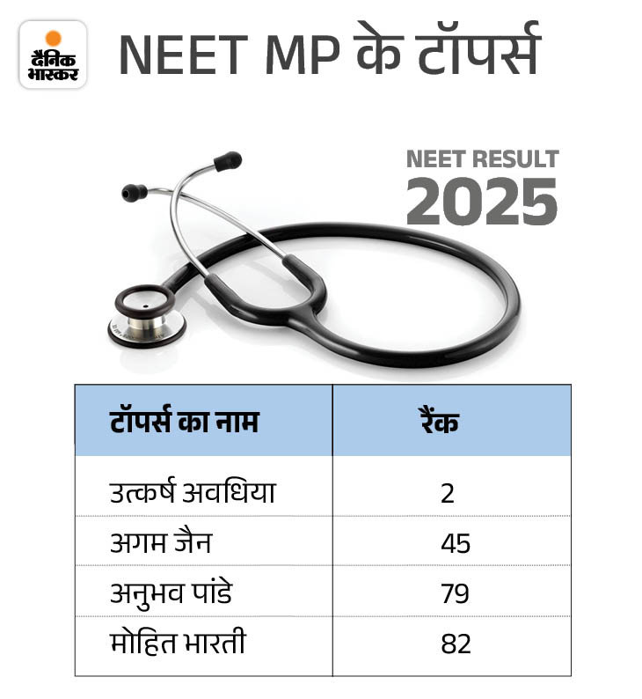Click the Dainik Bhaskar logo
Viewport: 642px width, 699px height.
53,55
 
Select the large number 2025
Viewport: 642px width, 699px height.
482,202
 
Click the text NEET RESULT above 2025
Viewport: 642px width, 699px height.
482,159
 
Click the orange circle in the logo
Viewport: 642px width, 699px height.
53,38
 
